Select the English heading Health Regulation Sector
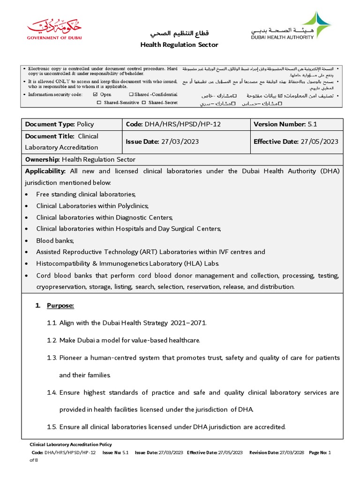point(180,45)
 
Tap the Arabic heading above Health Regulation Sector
point(180,34)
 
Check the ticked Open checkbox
point(96,95)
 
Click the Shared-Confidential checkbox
point(131,95)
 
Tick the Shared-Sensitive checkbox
point(99,103)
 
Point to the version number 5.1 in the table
point(313,124)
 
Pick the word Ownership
point(42,159)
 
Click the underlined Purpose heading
point(60,306)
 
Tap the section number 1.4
point(52,392)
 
